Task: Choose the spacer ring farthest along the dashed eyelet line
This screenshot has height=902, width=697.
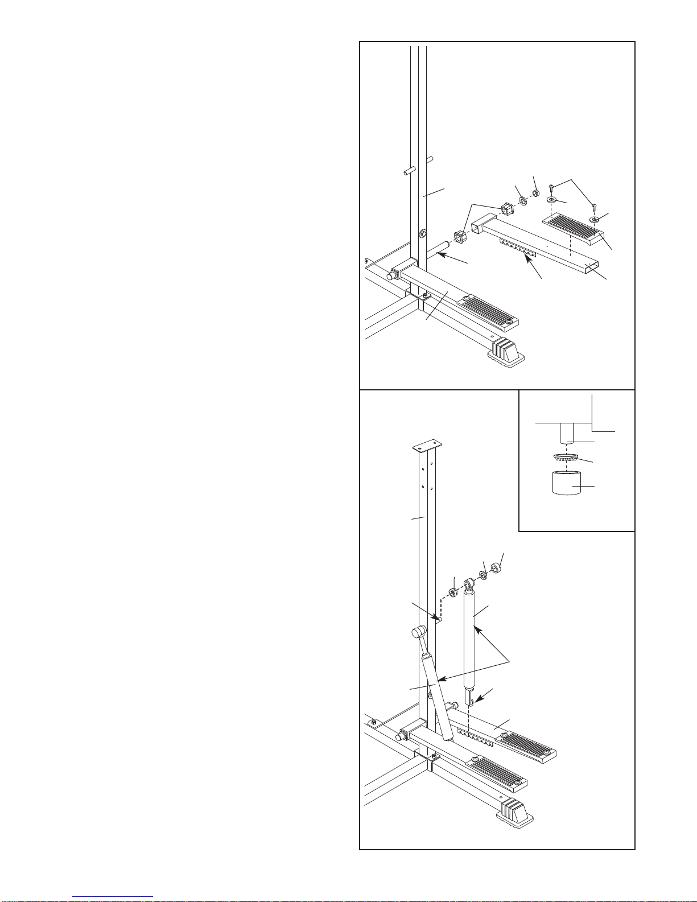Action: tap(496, 568)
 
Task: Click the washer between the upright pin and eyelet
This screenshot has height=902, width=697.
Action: tap(453, 594)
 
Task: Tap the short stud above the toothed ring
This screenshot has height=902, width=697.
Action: tap(566, 433)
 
